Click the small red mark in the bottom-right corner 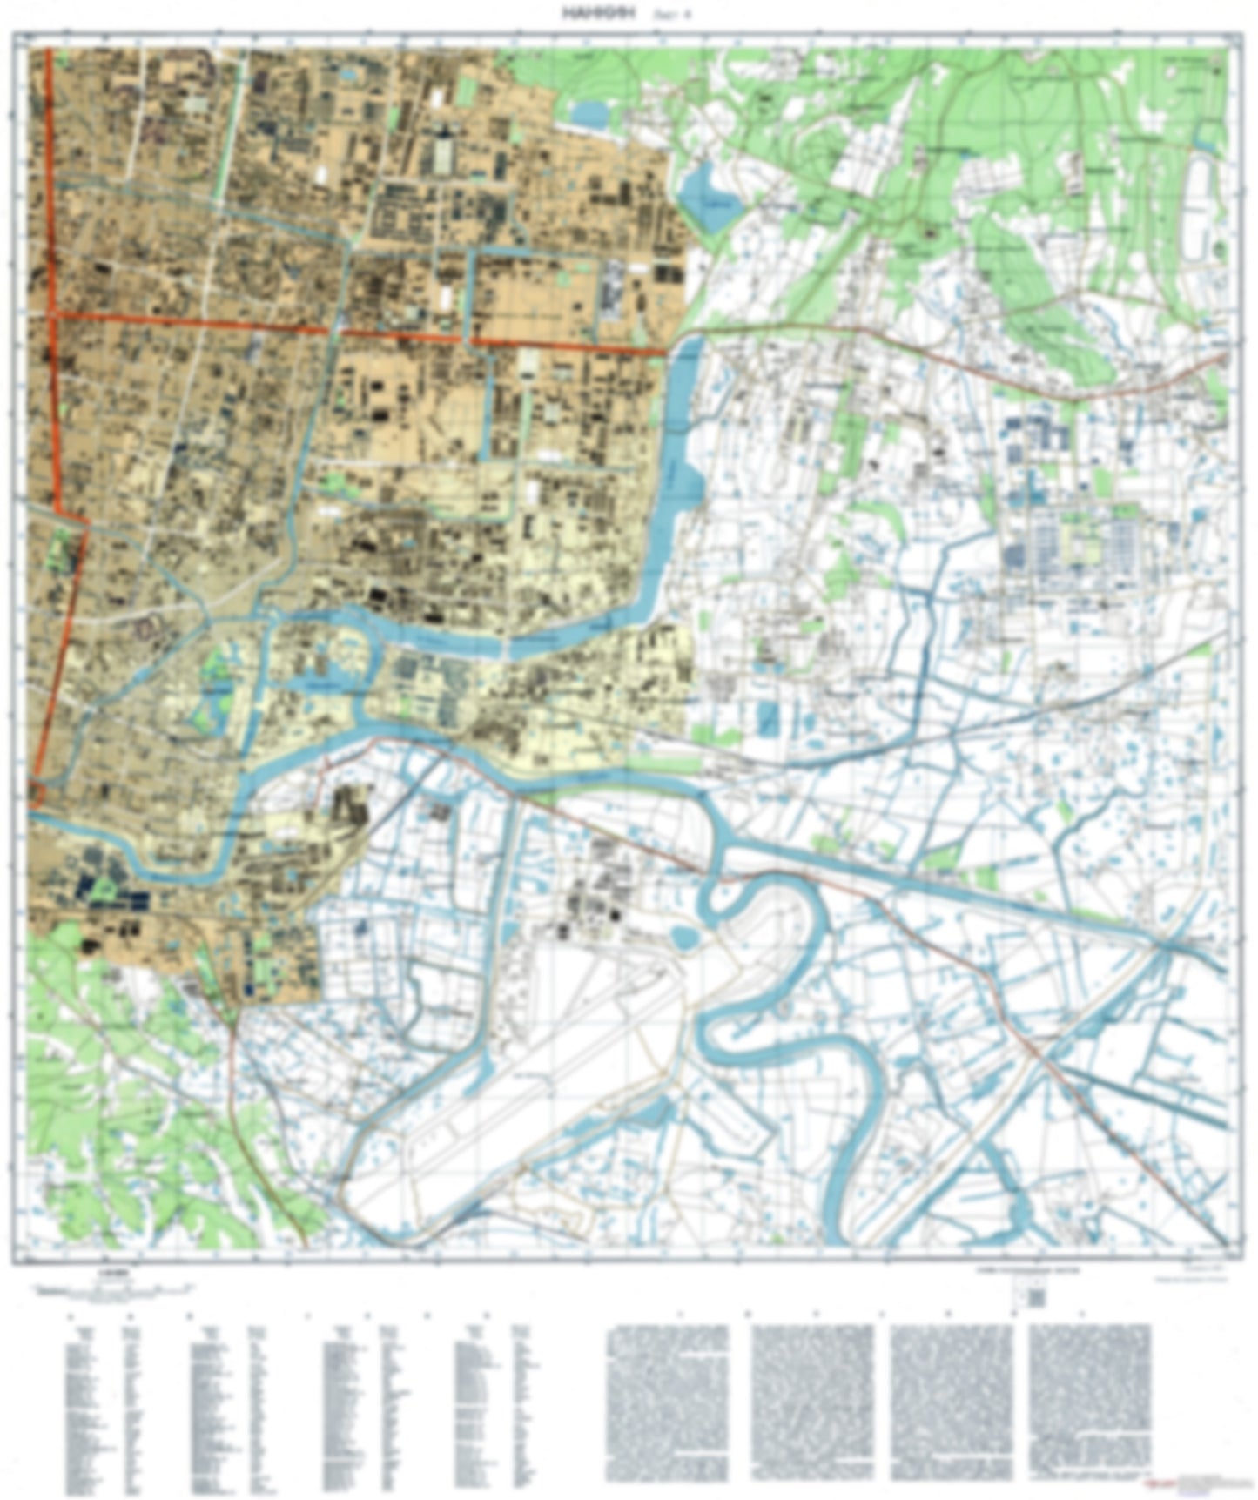[x=1158, y=1483]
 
